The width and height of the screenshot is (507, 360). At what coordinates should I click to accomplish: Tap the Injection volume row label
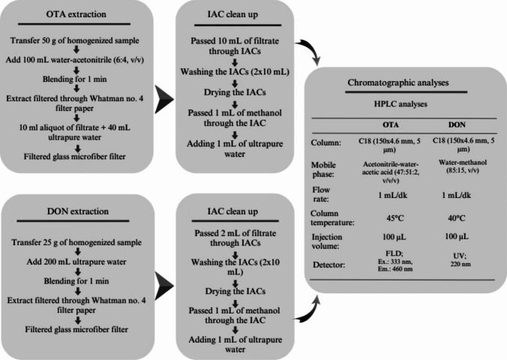328,242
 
